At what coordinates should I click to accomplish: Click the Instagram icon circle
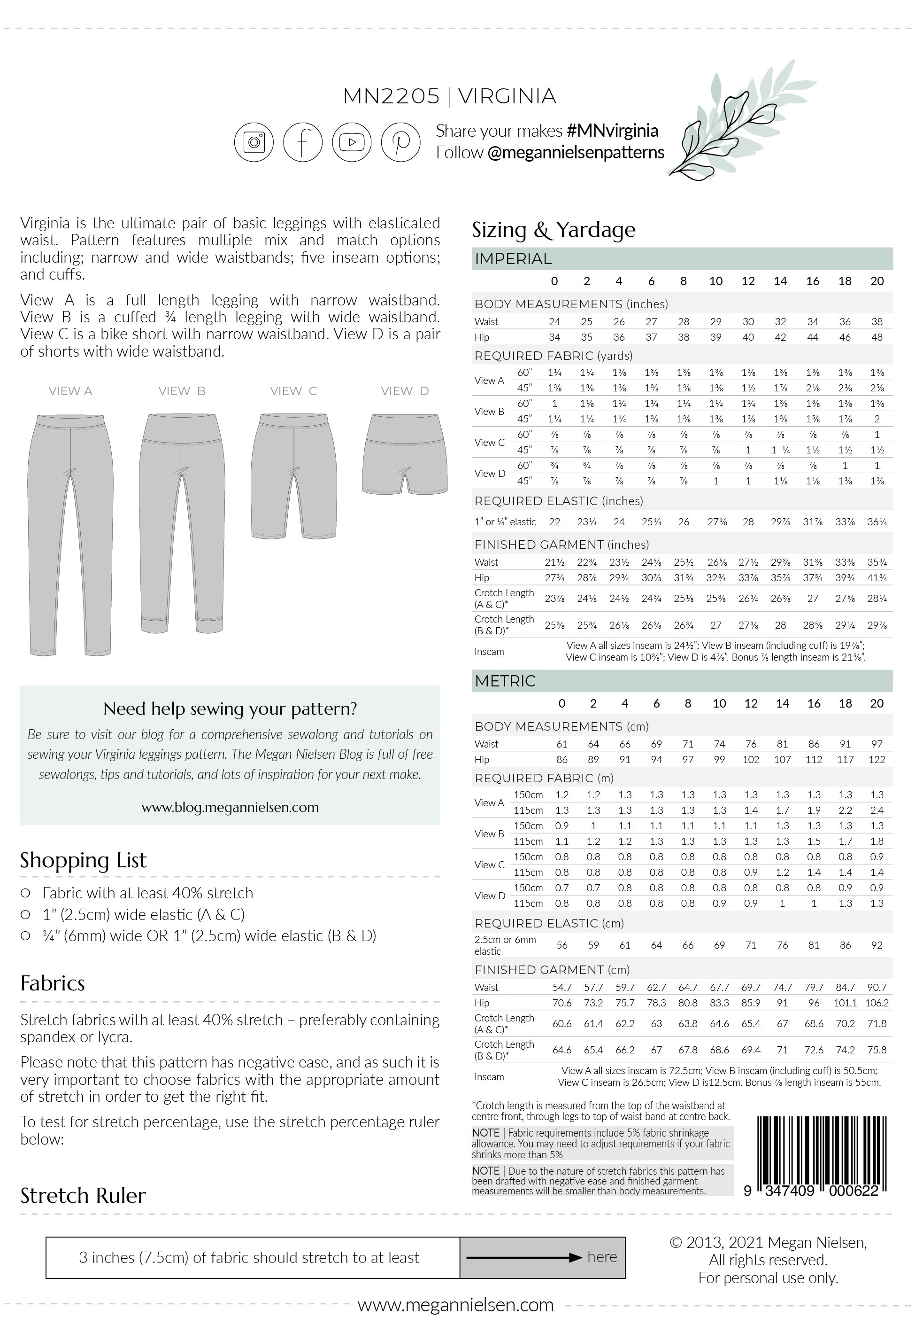point(254,142)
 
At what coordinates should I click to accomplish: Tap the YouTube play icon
point(352,142)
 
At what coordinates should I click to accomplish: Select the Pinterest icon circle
point(401,142)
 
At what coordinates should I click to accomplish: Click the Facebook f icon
point(303,142)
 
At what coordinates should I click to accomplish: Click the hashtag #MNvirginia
point(612,131)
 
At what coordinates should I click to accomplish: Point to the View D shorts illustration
point(405,454)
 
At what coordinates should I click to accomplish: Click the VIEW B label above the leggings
point(182,391)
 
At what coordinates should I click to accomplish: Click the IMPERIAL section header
point(513,259)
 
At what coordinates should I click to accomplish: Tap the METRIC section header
point(505,681)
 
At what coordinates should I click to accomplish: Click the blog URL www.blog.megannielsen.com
point(230,807)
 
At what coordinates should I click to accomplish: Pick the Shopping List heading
point(83,860)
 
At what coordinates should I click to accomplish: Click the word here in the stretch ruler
point(601,1257)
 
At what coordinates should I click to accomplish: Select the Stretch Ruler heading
point(83,1195)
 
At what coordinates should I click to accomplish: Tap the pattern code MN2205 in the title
point(391,96)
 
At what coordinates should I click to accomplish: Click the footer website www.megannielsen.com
point(455,1305)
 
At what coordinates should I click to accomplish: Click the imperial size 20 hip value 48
point(877,337)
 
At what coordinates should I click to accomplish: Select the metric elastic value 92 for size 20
point(877,945)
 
